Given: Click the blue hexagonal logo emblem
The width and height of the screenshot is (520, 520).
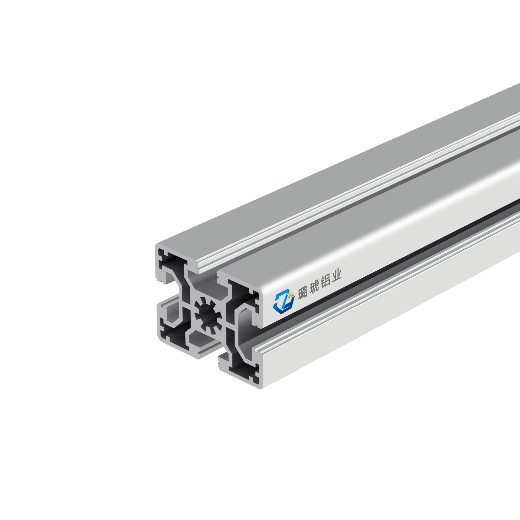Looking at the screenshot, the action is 283,302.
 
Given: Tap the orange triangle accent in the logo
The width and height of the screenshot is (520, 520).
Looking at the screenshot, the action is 291,295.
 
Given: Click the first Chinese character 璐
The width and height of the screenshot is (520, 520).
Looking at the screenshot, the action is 303,292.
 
